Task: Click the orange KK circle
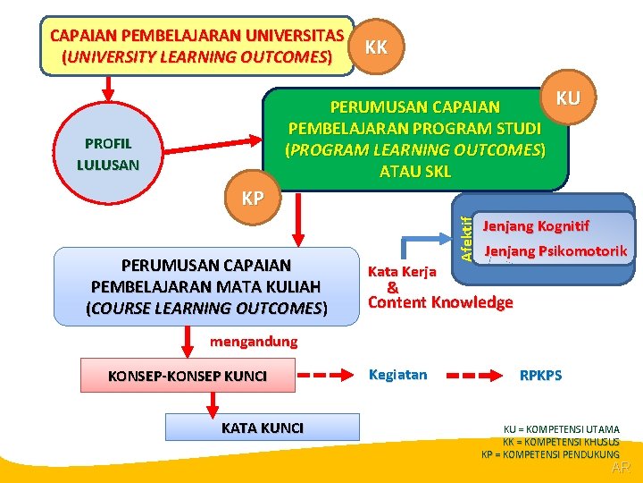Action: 377,47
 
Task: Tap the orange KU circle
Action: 569,97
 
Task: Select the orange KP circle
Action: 253,198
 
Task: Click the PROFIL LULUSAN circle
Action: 108,153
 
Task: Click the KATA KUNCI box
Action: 262,428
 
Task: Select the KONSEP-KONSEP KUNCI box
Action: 188,376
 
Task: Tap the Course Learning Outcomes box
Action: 206,286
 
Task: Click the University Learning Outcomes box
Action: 196,47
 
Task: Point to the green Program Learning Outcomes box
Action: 415,139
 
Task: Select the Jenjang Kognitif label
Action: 536,225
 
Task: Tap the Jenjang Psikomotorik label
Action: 555,251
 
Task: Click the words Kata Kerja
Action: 402,271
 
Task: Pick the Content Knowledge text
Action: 440,302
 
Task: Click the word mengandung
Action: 254,342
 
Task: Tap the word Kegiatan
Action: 397,375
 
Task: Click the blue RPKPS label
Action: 541,376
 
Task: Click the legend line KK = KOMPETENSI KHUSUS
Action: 562,442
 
